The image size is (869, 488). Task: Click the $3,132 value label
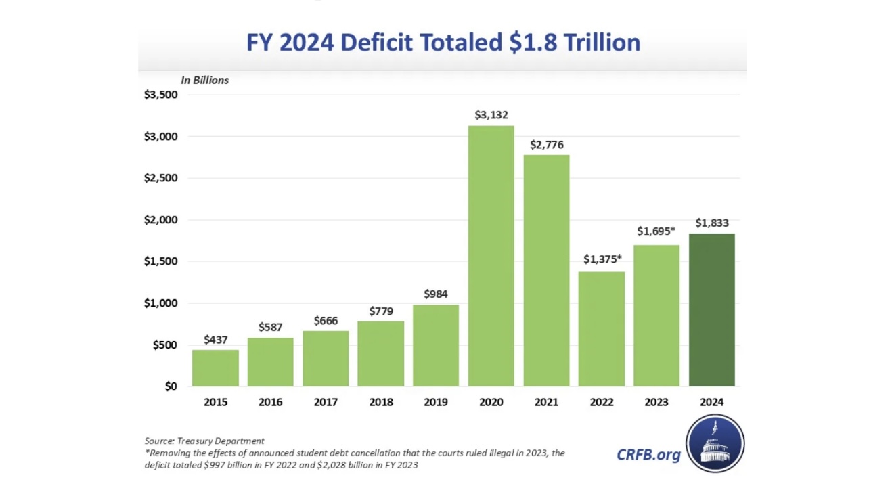pos(491,115)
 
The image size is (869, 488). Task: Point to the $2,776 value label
pos(546,145)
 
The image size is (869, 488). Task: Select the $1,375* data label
pos(602,259)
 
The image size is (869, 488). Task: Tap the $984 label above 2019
pos(435,294)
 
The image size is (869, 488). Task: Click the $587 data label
pos(270,328)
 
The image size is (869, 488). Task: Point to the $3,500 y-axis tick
pos(160,95)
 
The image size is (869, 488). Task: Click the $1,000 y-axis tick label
pos(160,303)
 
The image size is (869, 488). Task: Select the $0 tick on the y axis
pos(170,386)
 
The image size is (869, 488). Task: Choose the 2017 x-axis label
pos(326,402)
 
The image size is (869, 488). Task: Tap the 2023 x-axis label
pos(656,402)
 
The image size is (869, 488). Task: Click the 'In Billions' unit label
pos(204,80)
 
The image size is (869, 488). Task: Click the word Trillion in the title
pos(598,43)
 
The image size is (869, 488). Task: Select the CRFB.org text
pos(648,454)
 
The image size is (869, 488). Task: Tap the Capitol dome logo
pos(715,444)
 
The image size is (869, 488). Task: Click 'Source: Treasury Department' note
pos(204,441)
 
